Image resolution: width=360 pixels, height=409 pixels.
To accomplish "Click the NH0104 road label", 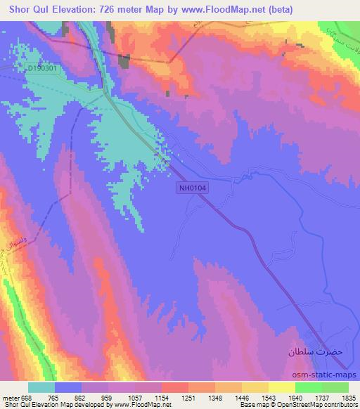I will click(x=195, y=187).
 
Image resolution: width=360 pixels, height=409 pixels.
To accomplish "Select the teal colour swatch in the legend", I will click(x=41, y=387).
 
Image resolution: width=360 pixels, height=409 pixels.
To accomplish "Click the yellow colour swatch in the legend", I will click(x=281, y=387).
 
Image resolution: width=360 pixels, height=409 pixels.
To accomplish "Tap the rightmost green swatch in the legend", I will click(x=335, y=387).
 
